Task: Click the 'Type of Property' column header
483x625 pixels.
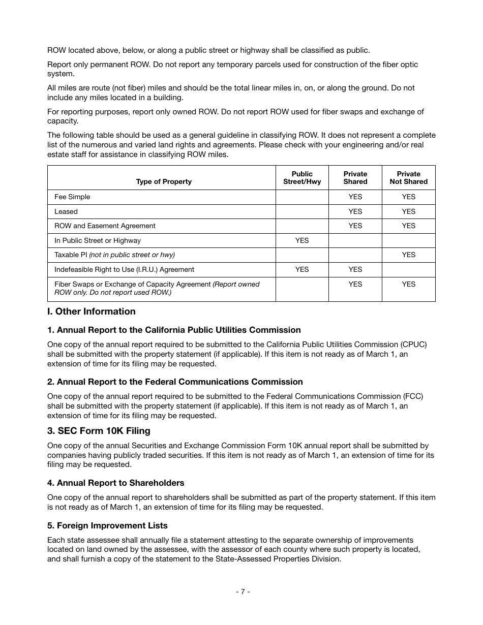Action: click(164, 181)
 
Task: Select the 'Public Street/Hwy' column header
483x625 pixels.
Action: click(302, 177)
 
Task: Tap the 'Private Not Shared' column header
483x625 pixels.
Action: click(408, 177)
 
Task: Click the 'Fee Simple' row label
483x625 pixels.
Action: click(72, 197)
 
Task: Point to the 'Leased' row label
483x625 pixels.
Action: click(66, 211)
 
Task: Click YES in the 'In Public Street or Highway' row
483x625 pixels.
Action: click(302, 240)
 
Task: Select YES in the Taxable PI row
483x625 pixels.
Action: click(408, 255)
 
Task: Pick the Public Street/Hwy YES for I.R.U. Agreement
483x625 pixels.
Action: click(302, 269)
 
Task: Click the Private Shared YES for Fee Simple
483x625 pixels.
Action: click(355, 197)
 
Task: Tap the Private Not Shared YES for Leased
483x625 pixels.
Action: click(408, 211)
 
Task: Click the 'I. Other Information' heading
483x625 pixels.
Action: click(92, 311)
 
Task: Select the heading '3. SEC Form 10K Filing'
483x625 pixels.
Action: click(99, 431)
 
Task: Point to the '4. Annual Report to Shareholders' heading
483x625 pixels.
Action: click(115, 483)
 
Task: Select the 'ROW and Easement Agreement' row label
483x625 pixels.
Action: click(105, 226)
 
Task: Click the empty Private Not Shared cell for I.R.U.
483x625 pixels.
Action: click(408, 269)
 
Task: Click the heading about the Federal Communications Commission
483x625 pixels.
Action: click(175, 382)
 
